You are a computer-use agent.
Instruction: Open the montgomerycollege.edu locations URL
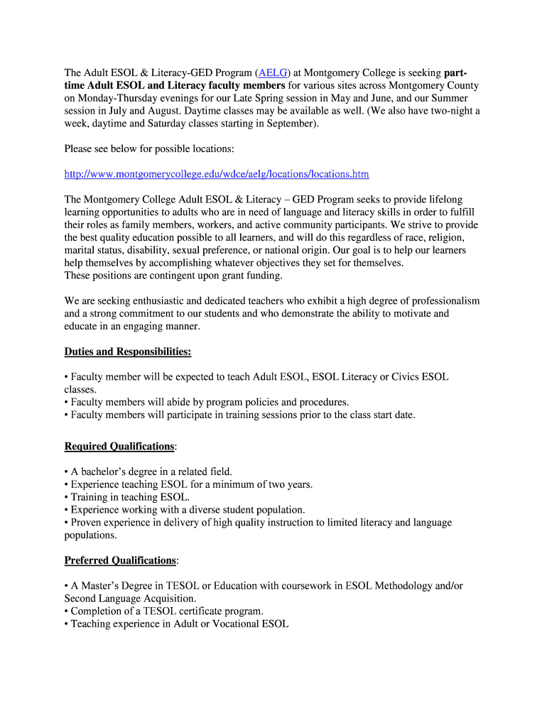click(217, 174)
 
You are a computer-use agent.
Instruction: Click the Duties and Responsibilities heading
click(128, 351)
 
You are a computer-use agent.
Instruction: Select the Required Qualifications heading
click(119, 446)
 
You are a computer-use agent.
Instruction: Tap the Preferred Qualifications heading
click(120, 560)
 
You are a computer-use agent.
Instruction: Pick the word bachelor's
click(106, 471)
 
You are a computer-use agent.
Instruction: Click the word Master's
click(107, 586)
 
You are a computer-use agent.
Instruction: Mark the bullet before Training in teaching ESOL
click(66, 497)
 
